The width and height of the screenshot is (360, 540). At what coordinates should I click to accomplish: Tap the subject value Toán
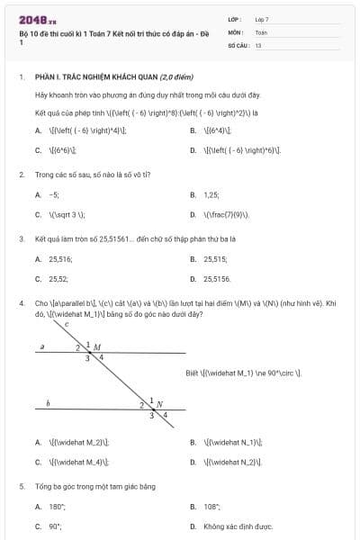(x=261, y=31)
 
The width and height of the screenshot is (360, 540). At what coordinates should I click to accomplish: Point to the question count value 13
(x=257, y=44)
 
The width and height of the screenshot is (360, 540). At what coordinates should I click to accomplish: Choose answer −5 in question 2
(x=54, y=194)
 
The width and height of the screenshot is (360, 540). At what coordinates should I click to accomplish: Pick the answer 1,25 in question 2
(x=212, y=194)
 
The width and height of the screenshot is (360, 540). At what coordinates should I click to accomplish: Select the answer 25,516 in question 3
(x=58, y=259)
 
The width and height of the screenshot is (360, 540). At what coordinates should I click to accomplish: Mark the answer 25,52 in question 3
(x=58, y=280)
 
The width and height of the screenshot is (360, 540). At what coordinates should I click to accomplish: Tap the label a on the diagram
(x=43, y=346)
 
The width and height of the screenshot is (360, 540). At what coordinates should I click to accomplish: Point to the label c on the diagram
(x=67, y=324)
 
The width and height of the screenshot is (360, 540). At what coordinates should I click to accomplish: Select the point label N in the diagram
(x=159, y=404)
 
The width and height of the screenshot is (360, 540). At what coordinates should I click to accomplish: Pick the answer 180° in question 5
(x=57, y=507)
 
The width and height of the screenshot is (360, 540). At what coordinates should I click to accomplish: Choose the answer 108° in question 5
(x=212, y=507)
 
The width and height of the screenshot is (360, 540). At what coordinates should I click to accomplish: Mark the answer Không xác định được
(x=238, y=526)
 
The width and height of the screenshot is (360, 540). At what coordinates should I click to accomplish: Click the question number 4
(x=21, y=304)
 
